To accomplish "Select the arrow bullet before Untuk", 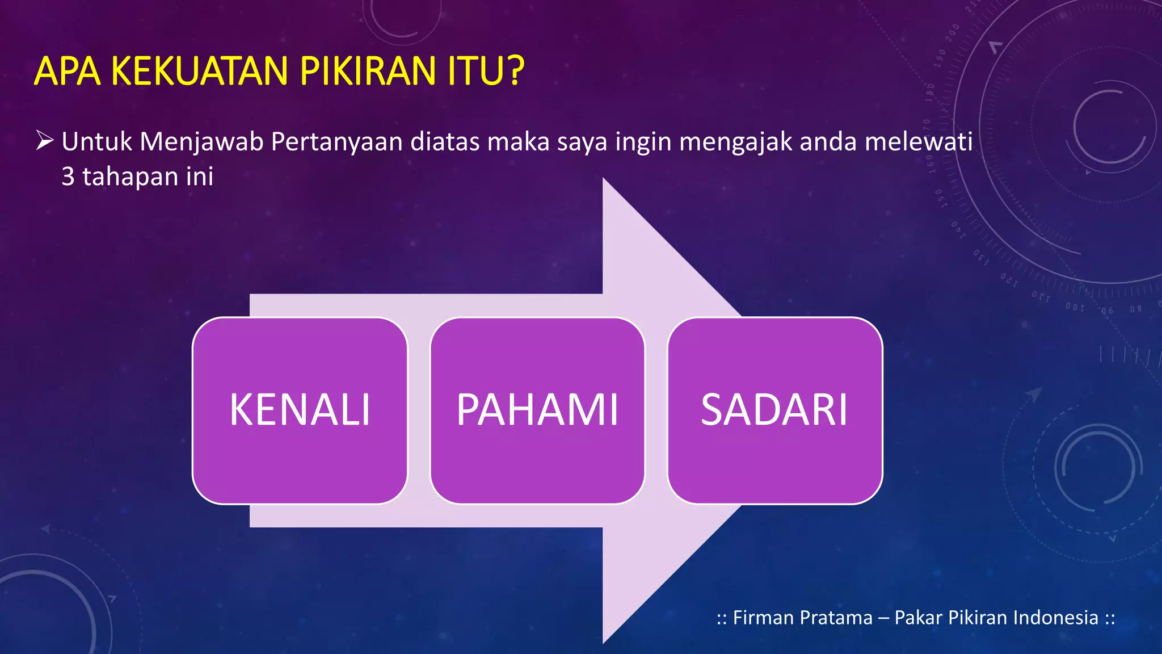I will [x=45, y=140].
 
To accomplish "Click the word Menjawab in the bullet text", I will [x=201, y=142].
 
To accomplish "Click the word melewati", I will [x=919, y=142].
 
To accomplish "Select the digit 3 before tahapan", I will [x=68, y=177].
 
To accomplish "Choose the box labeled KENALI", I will [x=300, y=410].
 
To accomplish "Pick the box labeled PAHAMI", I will [x=537, y=410].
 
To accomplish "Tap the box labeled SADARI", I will [x=774, y=410].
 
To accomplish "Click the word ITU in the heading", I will [x=474, y=72].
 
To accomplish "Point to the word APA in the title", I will [x=68, y=72].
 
